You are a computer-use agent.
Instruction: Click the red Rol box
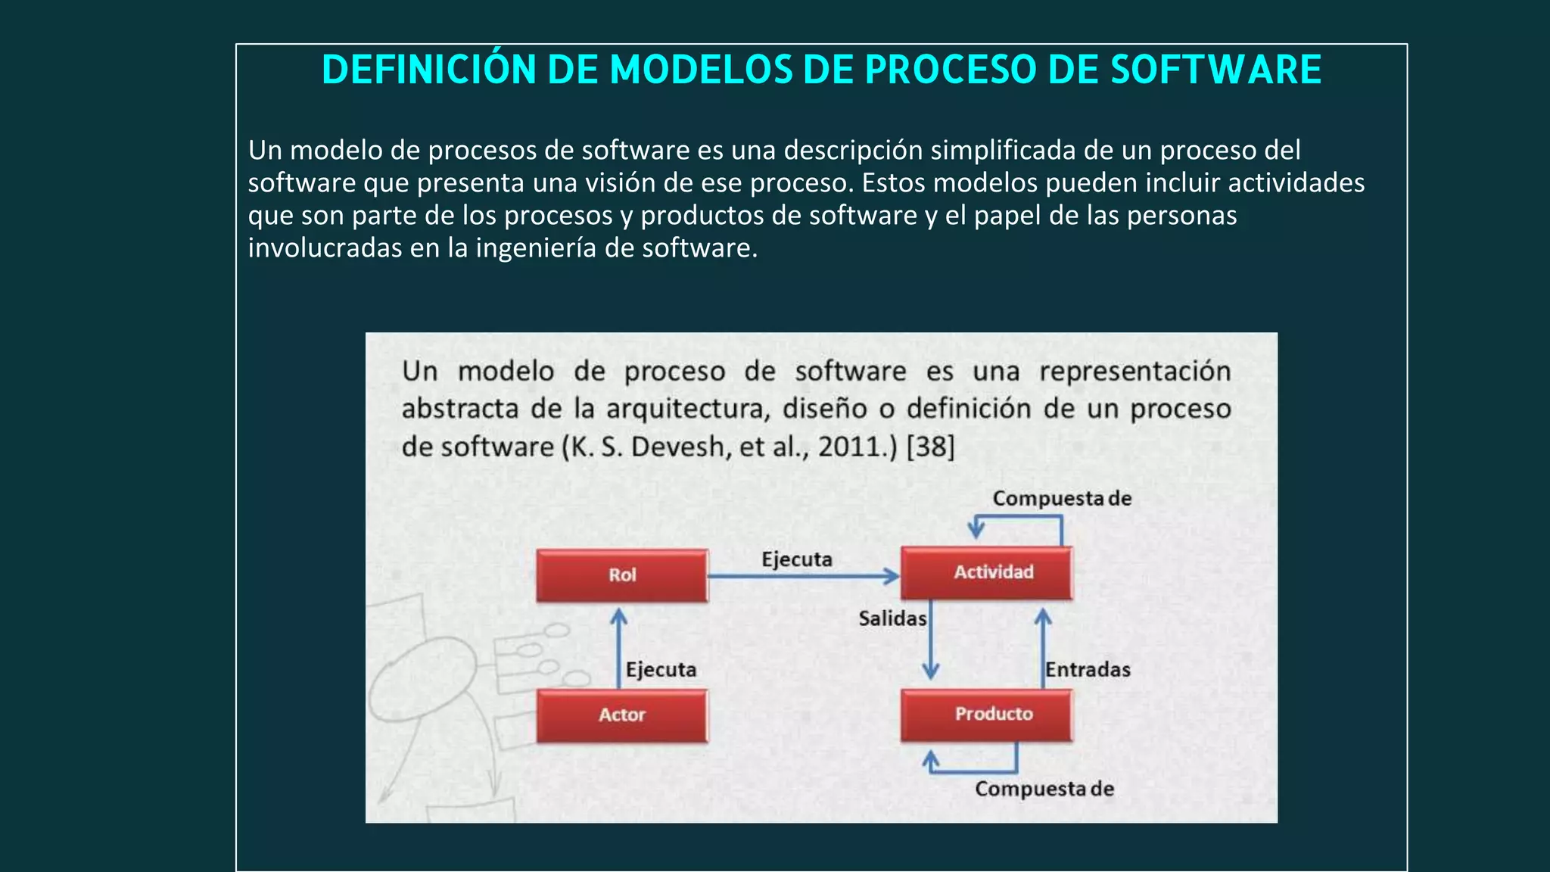click(622, 575)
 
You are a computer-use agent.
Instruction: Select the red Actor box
click(622, 715)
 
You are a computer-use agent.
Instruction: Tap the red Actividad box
click(986, 573)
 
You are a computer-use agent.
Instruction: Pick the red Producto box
click(986, 715)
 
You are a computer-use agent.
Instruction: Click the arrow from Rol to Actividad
click(802, 577)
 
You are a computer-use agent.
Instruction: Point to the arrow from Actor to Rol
click(619, 647)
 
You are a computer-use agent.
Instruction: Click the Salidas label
click(892, 619)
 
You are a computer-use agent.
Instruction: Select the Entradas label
click(1088, 670)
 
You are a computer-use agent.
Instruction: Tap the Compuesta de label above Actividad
click(1062, 499)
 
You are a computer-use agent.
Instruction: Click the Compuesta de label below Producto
click(1044, 789)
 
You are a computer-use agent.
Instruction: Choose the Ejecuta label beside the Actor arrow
click(661, 670)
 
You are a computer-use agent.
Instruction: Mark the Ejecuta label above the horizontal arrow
click(796, 559)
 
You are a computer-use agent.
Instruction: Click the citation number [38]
click(930, 447)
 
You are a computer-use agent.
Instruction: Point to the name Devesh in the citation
click(677, 447)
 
